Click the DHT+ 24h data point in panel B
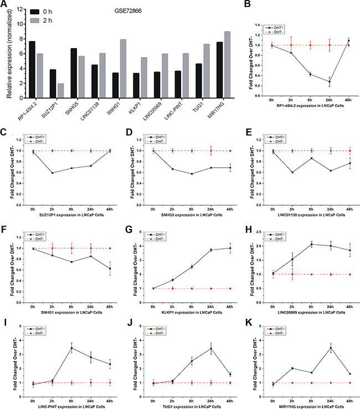330,81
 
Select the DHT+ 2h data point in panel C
53,173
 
